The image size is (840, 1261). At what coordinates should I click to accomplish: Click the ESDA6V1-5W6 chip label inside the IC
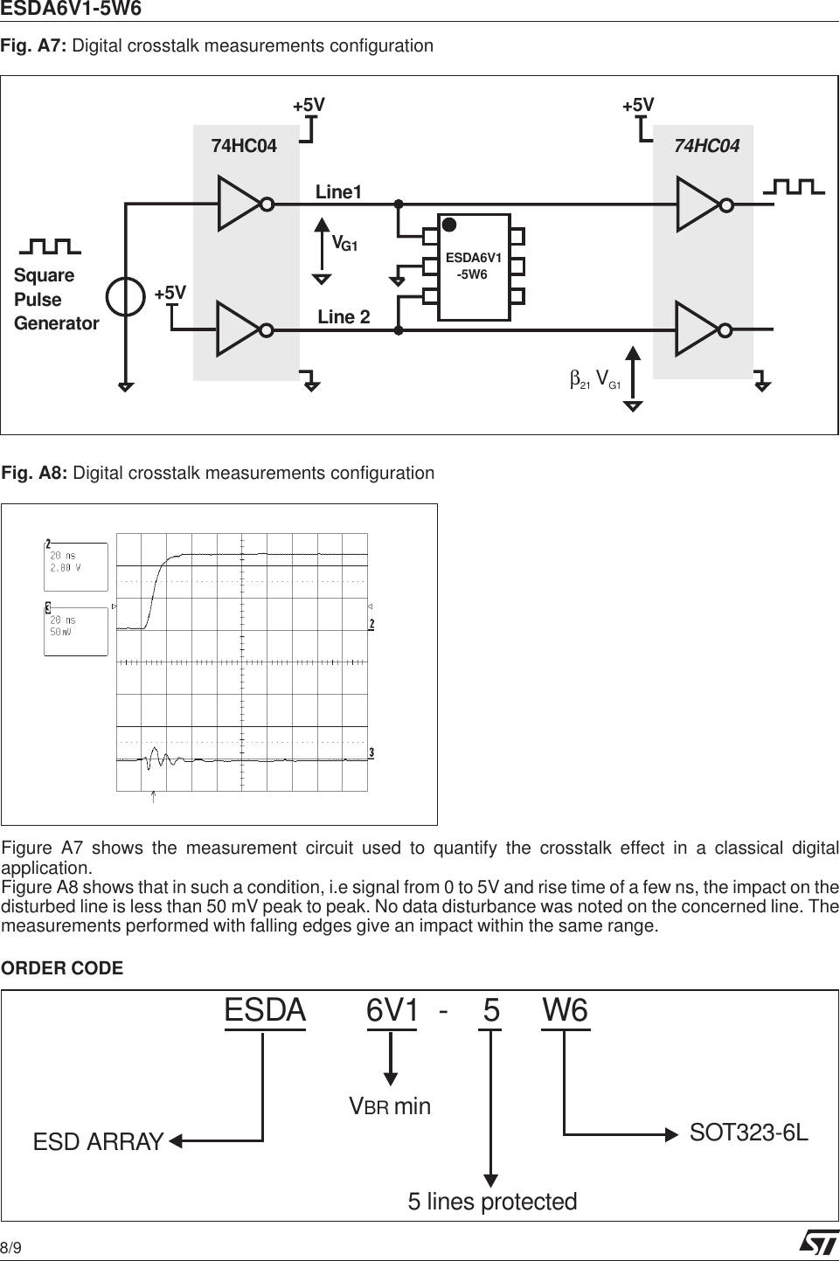tap(473, 266)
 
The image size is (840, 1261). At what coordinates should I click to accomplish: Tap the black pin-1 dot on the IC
tap(449, 225)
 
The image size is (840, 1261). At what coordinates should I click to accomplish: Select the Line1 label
tap(338, 192)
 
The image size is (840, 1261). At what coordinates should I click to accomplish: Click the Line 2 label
tap(344, 317)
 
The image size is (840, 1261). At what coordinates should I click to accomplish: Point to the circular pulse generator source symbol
tap(125, 296)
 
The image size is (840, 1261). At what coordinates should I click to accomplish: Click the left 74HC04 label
tap(244, 146)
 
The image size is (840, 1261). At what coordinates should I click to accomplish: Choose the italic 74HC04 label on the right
tap(706, 146)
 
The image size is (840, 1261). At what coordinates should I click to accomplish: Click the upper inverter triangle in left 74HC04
tap(239, 204)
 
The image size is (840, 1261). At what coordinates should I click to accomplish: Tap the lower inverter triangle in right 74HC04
tap(697, 329)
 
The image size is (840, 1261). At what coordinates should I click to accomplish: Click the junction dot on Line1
tap(399, 204)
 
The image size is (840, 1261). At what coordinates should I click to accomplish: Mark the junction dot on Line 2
tap(399, 330)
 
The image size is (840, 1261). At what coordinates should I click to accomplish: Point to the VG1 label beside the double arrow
tap(344, 244)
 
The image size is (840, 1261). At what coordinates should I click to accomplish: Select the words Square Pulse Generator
tap(56, 299)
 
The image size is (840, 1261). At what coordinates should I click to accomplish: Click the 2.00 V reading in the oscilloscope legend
tap(66, 568)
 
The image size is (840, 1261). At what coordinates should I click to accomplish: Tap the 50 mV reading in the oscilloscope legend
tap(61, 632)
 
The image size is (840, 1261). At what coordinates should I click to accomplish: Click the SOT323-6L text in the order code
tap(748, 1133)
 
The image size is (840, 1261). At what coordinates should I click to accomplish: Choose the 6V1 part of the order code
tap(392, 1011)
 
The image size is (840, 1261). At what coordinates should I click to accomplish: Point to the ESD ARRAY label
tap(98, 1142)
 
